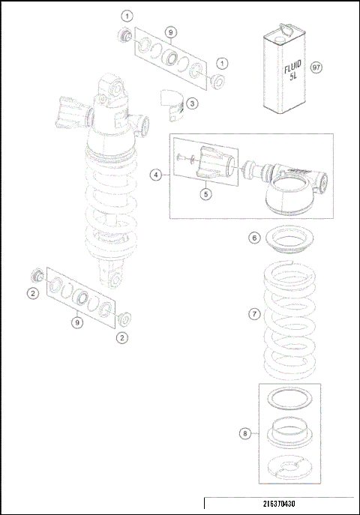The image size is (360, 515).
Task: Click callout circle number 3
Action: (192, 103)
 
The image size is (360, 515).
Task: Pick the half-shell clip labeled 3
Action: (175, 103)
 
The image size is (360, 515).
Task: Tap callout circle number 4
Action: (157, 175)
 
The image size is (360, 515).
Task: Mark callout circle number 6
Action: (254, 238)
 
